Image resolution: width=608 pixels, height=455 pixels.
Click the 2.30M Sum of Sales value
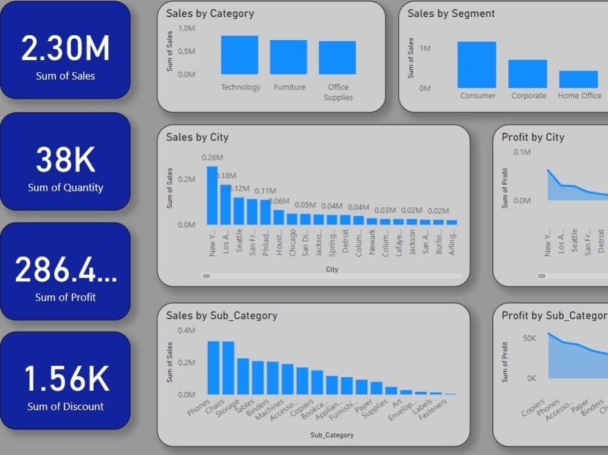pyautogui.click(x=66, y=49)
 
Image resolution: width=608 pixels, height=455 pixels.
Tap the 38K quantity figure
pyautogui.click(x=66, y=160)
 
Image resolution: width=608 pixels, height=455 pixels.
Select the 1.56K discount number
pyautogui.click(x=66, y=378)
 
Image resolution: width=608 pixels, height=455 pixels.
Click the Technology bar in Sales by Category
pyautogui.click(x=240, y=55)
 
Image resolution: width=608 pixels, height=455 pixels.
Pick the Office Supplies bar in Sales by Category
pyautogui.click(x=337, y=58)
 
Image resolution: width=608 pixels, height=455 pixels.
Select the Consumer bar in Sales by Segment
pyautogui.click(x=477, y=65)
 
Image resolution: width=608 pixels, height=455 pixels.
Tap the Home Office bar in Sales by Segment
pyautogui.click(x=579, y=80)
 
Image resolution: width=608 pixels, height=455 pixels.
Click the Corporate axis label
pyautogui.click(x=528, y=95)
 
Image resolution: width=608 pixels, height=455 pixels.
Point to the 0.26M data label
pyautogui.click(x=212, y=157)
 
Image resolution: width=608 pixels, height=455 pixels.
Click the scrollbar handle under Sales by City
pyautogui.click(x=207, y=276)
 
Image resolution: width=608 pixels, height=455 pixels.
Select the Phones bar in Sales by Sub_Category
pyautogui.click(x=213, y=368)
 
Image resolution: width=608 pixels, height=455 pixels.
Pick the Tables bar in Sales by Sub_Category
pyautogui.click(x=258, y=378)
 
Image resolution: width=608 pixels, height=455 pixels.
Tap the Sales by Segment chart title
pyautogui.click(x=451, y=13)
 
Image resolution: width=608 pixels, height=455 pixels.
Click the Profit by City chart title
pyautogui.click(x=533, y=137)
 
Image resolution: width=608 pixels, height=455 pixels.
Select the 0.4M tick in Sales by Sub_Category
pyautogui.click(x=187, y=330)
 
